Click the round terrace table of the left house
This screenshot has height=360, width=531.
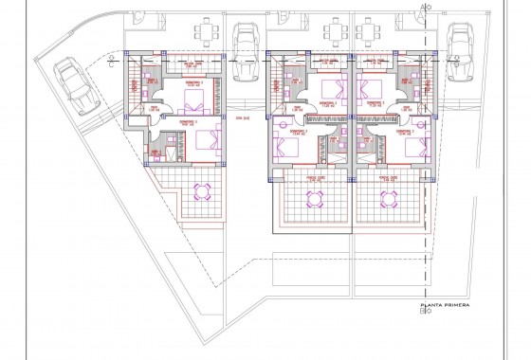coord(201,191)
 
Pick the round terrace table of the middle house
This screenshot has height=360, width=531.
coord(313,199)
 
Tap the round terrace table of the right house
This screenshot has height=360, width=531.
coord(389,199)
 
